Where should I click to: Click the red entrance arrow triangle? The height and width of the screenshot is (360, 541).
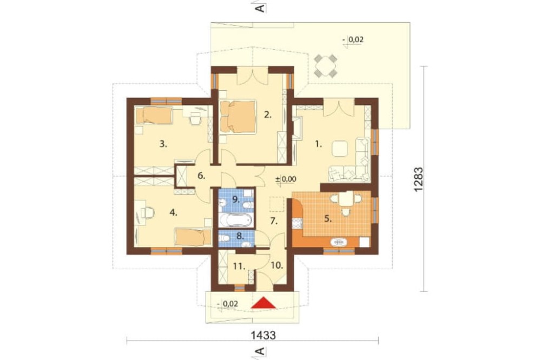pyautogui.click(x=263, y=303)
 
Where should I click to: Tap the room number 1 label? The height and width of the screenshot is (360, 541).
pyautogui.click(x=319, y=145)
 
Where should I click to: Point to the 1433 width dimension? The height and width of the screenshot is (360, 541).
pyautogui.click(x=263, y=335)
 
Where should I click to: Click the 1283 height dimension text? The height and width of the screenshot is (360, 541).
pyautogui.click(x=418, y=179)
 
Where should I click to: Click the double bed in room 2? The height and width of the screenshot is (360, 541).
pyautogui.click(x=238, y=116)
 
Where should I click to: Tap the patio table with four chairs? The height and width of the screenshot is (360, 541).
pyautogui.click(x=325, y=65)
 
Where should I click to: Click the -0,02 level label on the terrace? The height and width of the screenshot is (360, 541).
pyautogui.click(x=353, y=40)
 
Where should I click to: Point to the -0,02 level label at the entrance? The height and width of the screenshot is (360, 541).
pyautogui.click(x=228, y=304)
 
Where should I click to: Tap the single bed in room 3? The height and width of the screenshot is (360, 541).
pyautogui.click(x=154, y=116)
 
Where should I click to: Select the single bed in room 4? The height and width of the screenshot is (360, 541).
pyautogui.click(x=193, y=237)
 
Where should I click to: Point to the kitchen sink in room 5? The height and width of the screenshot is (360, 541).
pyautogui.click(x=339, y=242)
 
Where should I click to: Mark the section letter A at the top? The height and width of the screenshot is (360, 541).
pyautogui.click(x=261, y=8)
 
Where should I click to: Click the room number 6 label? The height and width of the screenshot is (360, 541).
pyautogui.click(x=201, y=176)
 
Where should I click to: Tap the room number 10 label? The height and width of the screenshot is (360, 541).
pyautogui.click(x=277, y=265)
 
